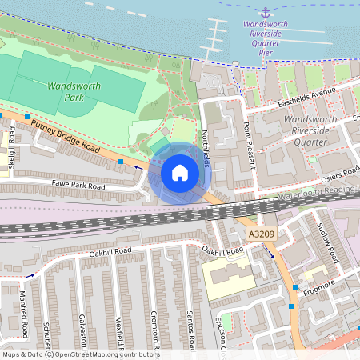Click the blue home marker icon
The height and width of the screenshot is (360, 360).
(180, 172)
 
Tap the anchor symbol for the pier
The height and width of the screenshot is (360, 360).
(265, 12)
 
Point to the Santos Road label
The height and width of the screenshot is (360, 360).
(190, 332)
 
